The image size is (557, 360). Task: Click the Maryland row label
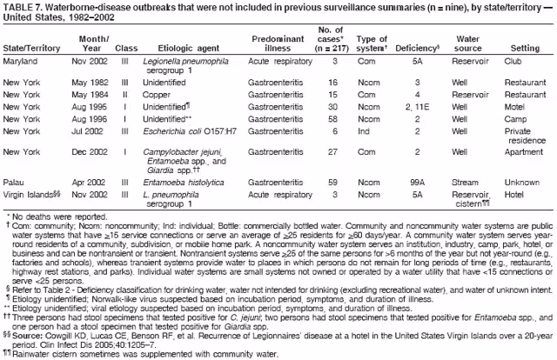(x=22, y=63)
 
